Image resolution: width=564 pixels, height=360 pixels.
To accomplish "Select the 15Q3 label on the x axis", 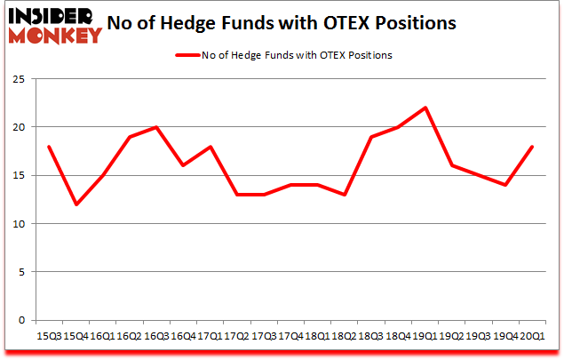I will (50, 335).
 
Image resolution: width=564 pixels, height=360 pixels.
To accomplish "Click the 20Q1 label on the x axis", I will (531, 335).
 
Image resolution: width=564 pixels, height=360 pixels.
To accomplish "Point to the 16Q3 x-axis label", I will (156, 335).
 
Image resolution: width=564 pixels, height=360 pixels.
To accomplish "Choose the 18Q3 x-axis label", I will (370, 335).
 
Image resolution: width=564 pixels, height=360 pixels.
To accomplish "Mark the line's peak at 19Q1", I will (425, 108).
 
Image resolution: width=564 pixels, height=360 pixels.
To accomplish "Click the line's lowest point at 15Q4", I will (76, 204).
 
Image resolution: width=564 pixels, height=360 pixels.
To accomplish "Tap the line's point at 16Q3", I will (156, 127).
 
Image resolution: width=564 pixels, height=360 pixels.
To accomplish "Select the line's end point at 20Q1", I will (531, 147).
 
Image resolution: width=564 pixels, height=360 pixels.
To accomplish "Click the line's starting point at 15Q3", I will (50, 147).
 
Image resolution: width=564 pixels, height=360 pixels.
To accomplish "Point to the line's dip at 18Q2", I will (344, 195).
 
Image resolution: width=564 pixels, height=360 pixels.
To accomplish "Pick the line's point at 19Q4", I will (504, 185).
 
